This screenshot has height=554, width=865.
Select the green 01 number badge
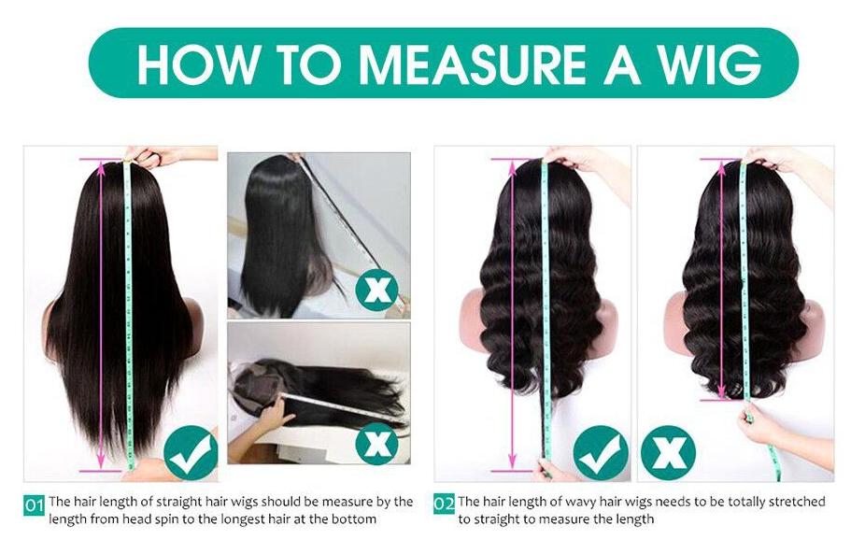coord(35,505)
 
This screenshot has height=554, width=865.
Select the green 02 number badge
coord(444,505)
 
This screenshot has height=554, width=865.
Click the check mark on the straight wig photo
coord(191,452)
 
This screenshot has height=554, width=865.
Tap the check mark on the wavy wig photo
coord(600,452)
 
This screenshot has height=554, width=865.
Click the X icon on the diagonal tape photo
coord(376,290)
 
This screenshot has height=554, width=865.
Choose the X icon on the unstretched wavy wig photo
coord(668,452)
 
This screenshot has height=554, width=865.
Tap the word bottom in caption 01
coord(357,518)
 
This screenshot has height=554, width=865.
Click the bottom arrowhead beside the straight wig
coord(95,467)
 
